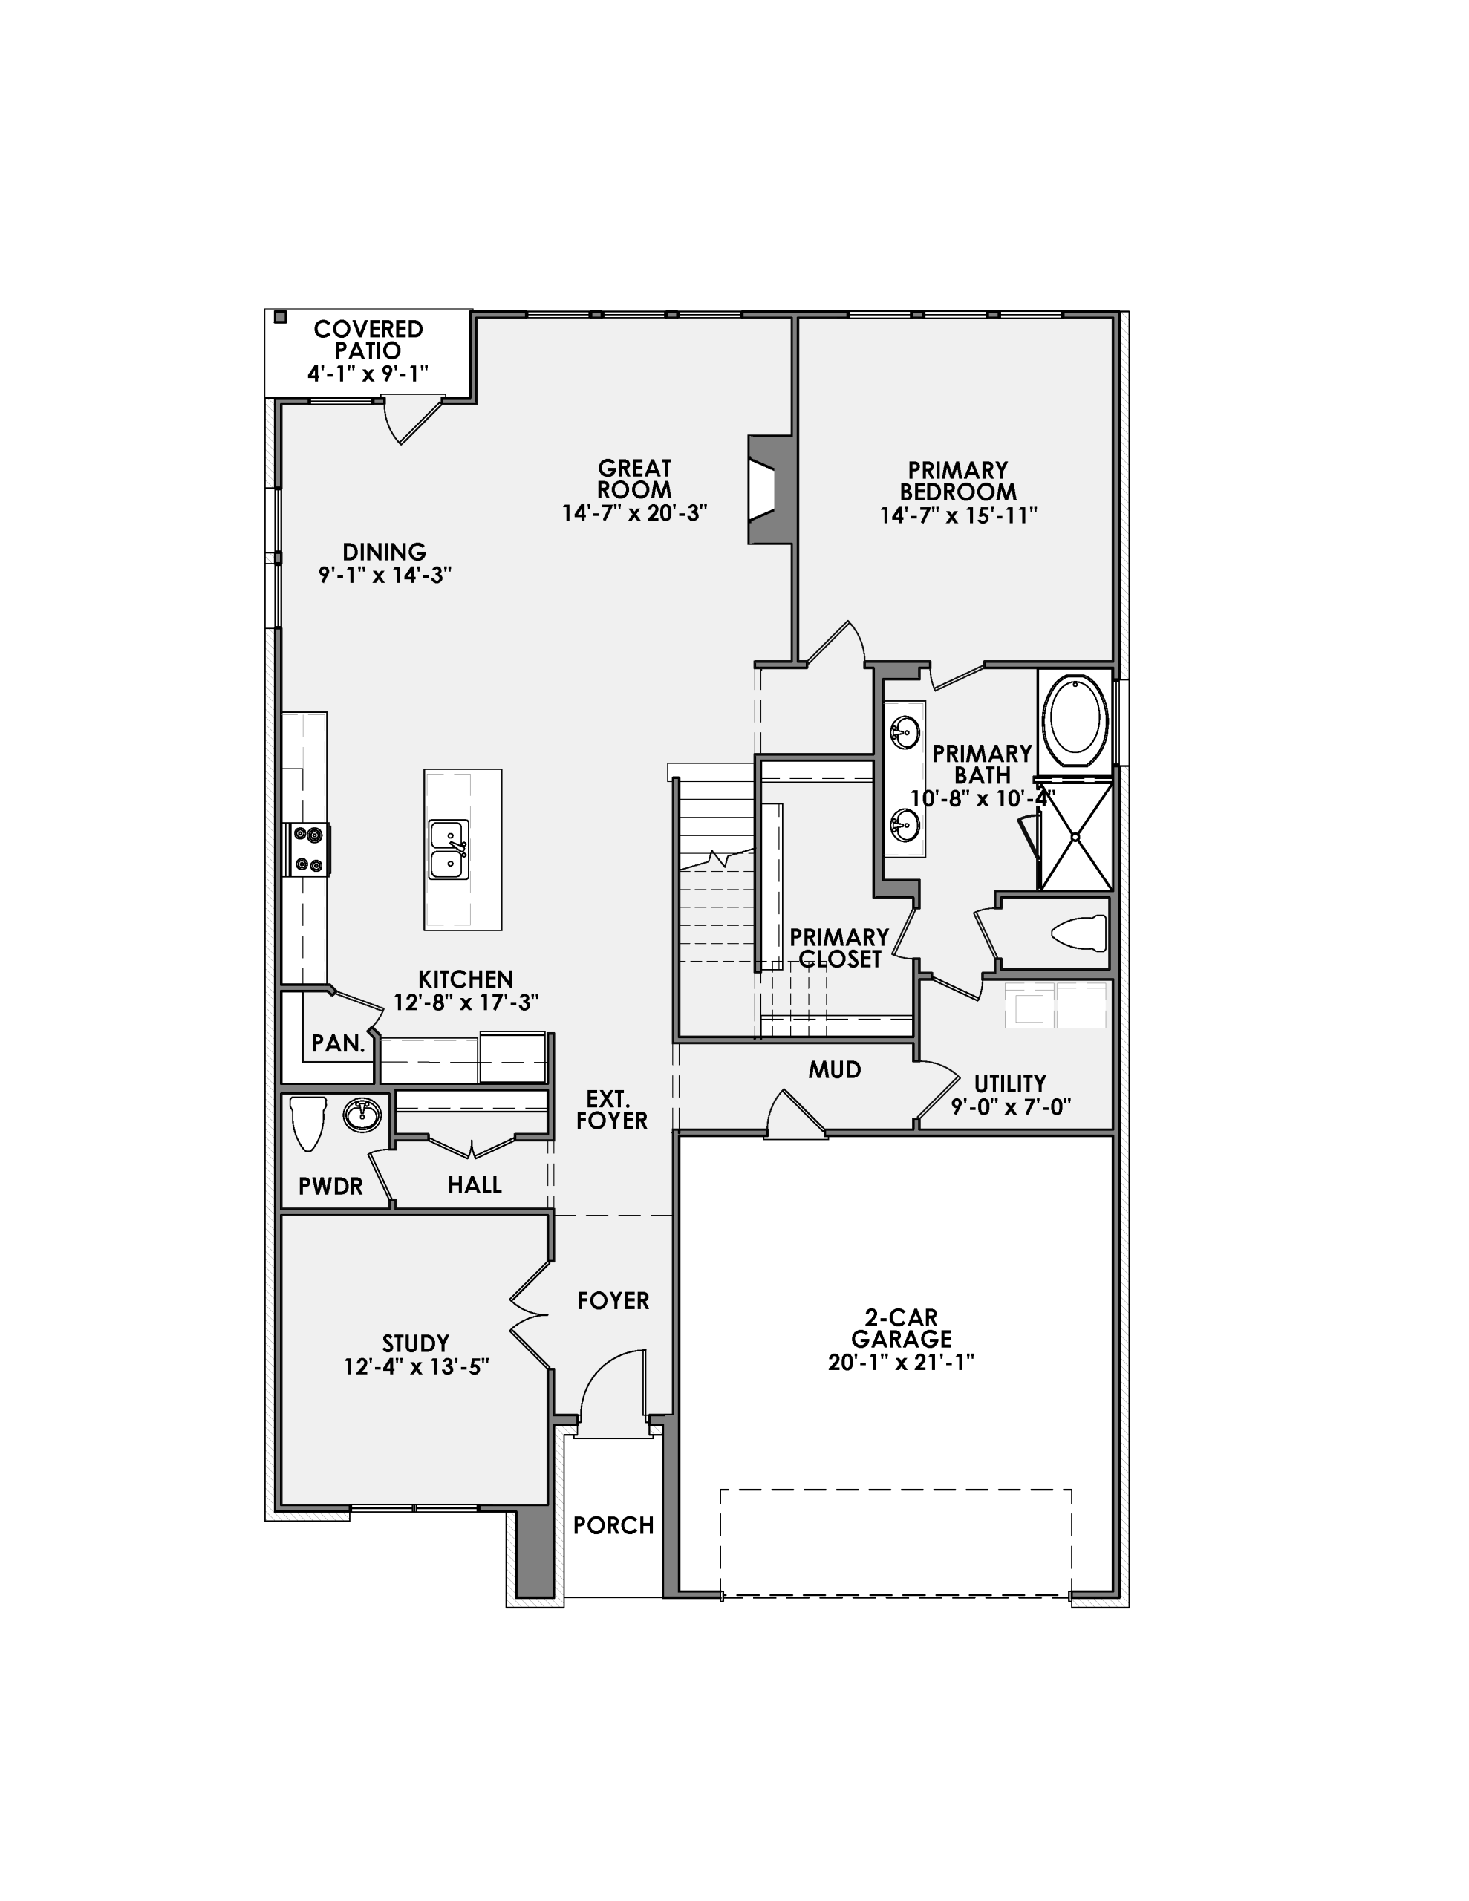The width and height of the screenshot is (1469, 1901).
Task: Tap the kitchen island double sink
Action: click(449, 850)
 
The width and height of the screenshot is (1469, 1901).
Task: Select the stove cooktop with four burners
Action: click(307, 850)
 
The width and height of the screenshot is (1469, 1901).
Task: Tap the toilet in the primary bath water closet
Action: click(1080, 934)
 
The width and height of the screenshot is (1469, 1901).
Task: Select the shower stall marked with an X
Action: click(1075, 836)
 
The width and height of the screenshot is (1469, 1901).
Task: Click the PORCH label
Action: click(613, 1526)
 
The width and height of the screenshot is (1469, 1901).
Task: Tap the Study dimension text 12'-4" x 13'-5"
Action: click(416, 1367)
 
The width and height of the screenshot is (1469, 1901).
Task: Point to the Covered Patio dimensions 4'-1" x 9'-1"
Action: click(368, 374)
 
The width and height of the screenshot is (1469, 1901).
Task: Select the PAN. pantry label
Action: click(337, 1043)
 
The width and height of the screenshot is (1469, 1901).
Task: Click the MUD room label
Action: click(834, 1070)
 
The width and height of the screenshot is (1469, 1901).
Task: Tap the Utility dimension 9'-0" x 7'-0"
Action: click(1010, 1107)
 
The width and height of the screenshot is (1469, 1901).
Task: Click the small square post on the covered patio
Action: click(279, 317)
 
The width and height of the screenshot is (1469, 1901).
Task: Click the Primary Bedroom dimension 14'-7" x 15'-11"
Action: click(958, 515)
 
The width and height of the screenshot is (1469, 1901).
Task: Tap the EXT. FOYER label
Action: click(611, 1110)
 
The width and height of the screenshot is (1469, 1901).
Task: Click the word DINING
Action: click(384, 552)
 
